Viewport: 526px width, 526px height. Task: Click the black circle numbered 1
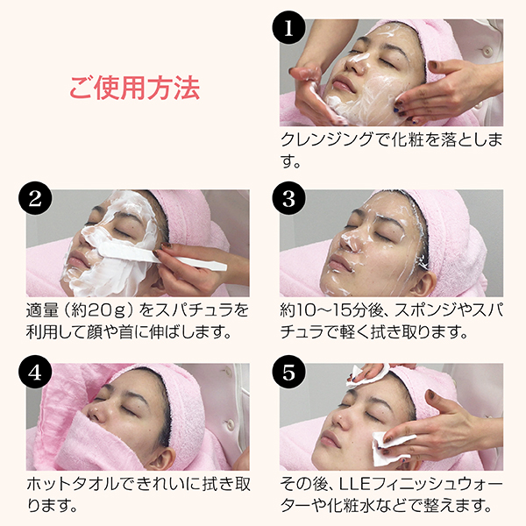click(x=288, y=27)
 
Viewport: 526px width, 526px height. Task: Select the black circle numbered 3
click(x=288, y=199)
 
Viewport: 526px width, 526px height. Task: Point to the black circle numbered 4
click(x=36, y=372)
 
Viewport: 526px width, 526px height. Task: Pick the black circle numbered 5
click(x=288, y=372)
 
